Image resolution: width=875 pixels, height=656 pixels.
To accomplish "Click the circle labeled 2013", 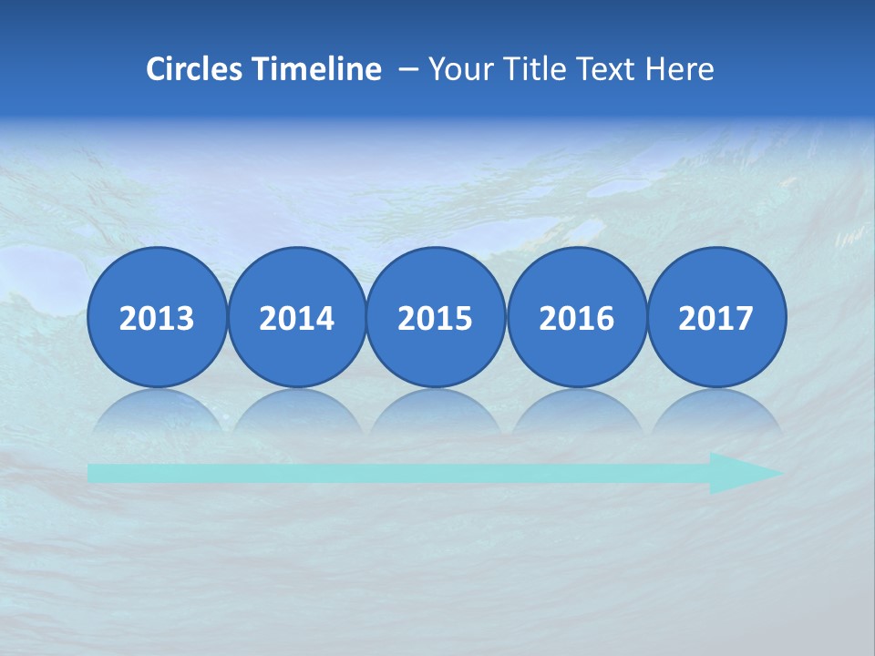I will [x=157, y=317].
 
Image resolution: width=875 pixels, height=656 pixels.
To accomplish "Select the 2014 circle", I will [x=296, y=317].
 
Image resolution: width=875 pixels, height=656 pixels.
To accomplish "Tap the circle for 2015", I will [x=436, y=317].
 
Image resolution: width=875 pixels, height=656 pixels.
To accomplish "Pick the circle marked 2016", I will [x=576, y=317].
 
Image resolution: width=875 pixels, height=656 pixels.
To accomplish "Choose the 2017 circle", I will [x=715, y=317].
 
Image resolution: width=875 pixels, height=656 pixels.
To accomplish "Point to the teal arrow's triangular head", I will [x=743, y=473].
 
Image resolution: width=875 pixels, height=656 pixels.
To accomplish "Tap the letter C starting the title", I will [x=155, y=68].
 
